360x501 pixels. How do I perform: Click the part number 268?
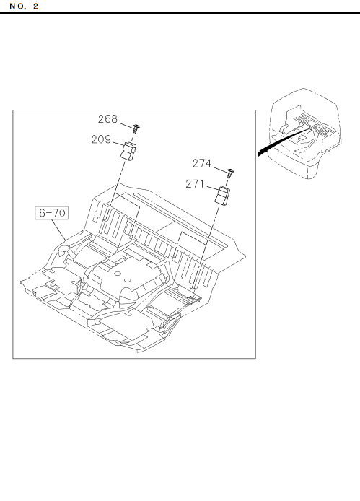tap(107, 119)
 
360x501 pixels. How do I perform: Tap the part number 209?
tap(101, 139)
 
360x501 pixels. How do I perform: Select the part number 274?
tap(202, 163)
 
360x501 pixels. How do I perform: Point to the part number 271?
tap(195, 183)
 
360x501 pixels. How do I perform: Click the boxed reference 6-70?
tap(52, 213)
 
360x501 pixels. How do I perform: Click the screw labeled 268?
tap(136, 128)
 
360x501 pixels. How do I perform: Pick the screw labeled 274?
tap(230, 173)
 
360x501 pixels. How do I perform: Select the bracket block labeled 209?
tap(128, 152)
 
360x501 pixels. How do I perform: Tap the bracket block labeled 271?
tap(222, 196)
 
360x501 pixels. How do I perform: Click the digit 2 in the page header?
tap(35, 6)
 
